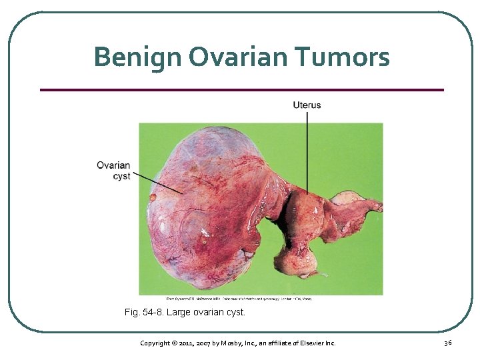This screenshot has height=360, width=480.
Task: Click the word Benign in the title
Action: coord(137,57)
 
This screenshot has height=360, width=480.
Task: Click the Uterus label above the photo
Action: coord(307,105)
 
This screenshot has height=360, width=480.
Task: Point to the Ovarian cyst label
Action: coord(113,171)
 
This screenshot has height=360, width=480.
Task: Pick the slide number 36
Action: coord(448,343)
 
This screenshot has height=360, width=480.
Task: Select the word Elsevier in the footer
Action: coord(310,343)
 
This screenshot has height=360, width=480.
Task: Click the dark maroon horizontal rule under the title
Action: coord(241,89)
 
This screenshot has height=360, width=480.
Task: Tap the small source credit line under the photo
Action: coord(239,298)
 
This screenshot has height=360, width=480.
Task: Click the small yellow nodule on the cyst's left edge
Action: coord(153,197)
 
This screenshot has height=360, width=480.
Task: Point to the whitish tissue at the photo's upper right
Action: coord(346,197)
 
